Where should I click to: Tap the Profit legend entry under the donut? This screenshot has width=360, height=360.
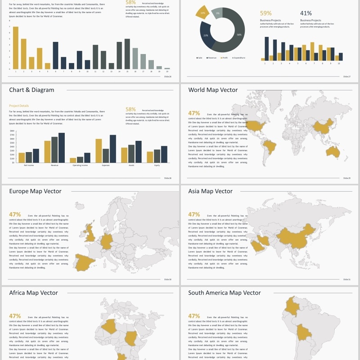224,58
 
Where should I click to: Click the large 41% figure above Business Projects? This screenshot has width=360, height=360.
306,13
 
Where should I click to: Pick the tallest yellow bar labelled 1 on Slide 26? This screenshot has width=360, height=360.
16,47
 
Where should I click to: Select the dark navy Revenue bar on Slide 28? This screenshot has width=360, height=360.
62,147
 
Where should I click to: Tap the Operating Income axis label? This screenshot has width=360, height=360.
80,165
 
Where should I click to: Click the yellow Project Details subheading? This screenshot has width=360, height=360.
19,106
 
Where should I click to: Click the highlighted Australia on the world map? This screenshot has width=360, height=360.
333,152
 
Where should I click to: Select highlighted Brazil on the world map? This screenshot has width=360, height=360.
270,147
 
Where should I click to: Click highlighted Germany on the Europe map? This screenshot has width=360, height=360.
108,242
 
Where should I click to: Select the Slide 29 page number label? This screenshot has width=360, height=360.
346,178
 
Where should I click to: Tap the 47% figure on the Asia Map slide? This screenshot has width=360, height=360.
194,215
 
